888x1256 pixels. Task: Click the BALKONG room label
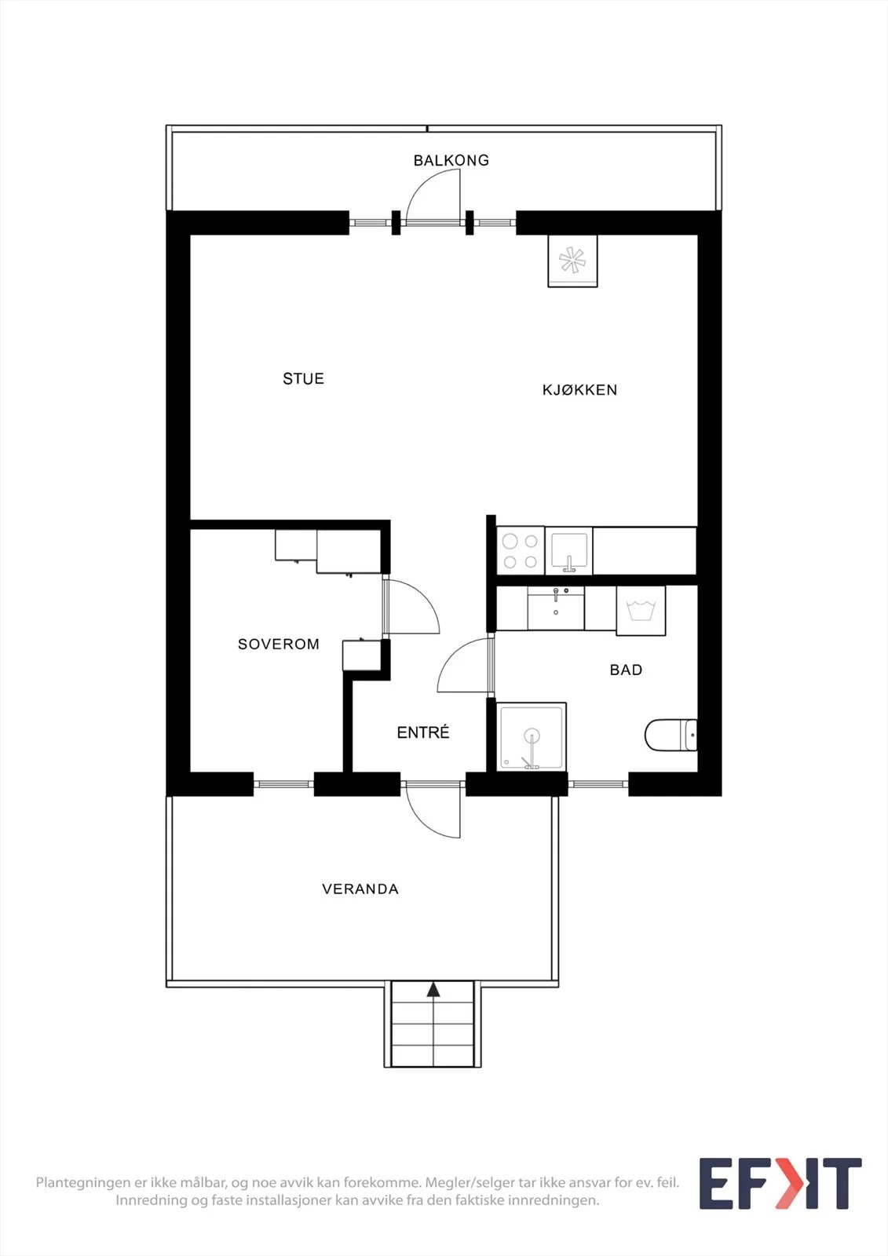pos(451,160)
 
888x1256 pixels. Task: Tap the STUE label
pos(304,378)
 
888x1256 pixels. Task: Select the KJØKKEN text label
pos(579,389)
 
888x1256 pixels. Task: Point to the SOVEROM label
pos(278,644)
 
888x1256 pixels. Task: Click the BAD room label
pos(626,670)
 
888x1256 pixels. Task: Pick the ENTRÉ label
pos(423,732)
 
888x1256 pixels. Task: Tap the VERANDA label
pos(360,889)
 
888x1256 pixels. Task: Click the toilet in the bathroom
pos(671,735)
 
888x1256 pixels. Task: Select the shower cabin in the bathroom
pos(532,736)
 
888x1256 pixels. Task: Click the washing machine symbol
pos(641,611)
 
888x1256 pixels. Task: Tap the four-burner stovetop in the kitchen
pos(520,550)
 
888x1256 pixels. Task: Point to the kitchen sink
pos(568,550)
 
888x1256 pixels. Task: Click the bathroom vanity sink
pos(555,608)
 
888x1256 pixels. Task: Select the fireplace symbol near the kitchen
pos(572,261)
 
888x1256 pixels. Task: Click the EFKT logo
pos(780,1183)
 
